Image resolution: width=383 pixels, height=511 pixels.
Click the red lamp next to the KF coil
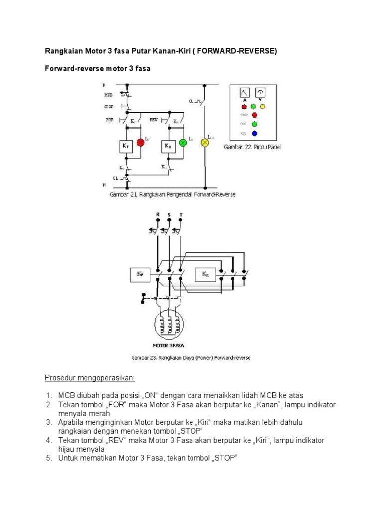coord(140,143)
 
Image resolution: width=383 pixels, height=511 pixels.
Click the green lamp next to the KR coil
coord(183,143)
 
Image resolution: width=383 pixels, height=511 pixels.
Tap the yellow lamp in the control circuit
coord(204,143)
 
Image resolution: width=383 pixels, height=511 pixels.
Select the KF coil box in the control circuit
coord(125,146)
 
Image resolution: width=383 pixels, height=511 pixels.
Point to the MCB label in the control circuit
coord(109,94)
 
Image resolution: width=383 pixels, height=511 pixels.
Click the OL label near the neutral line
coord(115,177)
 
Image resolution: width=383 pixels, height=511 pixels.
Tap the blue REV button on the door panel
coord(254,133)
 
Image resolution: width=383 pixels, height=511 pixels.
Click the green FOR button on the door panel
coord(254,124)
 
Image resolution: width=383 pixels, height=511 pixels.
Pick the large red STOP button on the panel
coord(254,115)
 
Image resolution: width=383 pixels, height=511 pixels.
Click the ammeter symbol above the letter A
coord(245,92)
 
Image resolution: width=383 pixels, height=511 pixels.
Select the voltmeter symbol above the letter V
coord(260,92)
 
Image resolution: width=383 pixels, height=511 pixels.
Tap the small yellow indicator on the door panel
coord(263,106)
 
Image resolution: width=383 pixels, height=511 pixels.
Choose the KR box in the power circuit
coord(205,274)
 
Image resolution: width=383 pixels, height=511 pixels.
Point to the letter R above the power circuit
coord(158,215)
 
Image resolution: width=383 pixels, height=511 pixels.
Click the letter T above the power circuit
coord(181,215)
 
